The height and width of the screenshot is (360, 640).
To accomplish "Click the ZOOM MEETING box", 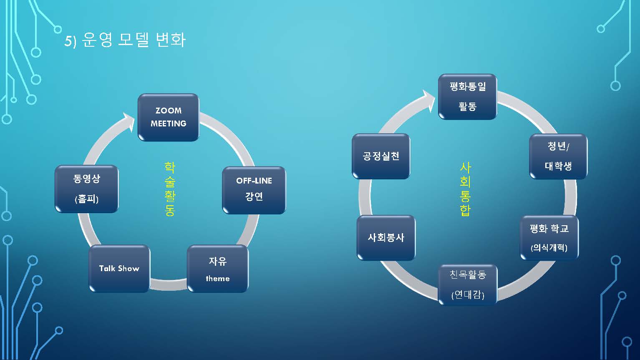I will tap(168, 117).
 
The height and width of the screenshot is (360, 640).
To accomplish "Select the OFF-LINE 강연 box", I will tap(254, 190).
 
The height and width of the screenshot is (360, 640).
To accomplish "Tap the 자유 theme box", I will tap(217, 269).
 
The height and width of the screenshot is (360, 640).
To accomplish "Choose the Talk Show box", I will tap(119, 269).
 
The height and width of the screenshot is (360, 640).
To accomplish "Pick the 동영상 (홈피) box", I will tap(87, 189).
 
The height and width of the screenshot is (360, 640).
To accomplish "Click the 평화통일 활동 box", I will tap(467, 97).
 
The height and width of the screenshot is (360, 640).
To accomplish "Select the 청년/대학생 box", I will tap(558, 156).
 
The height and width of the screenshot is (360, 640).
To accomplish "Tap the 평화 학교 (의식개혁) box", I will tap(549, 238).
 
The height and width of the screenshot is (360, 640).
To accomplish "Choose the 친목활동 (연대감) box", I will tap(467, 285).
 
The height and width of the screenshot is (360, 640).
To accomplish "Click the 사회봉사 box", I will tap(386, 238).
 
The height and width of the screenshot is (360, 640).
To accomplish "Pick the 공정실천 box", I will tap(381, 156).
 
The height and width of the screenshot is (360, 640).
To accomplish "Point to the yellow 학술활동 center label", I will tap(169, 189).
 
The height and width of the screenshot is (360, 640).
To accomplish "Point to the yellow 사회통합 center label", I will tap(465, 189).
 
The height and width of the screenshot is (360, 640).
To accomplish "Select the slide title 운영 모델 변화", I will tap(134, 40).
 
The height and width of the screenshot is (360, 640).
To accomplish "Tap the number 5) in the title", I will tap(70, 41).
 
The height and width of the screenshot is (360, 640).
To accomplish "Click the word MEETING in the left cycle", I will tap(168, 123).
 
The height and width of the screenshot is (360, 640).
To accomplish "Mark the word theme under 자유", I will tap(217, 279).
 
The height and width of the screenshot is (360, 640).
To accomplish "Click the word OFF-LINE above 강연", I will tap(254, 181).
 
